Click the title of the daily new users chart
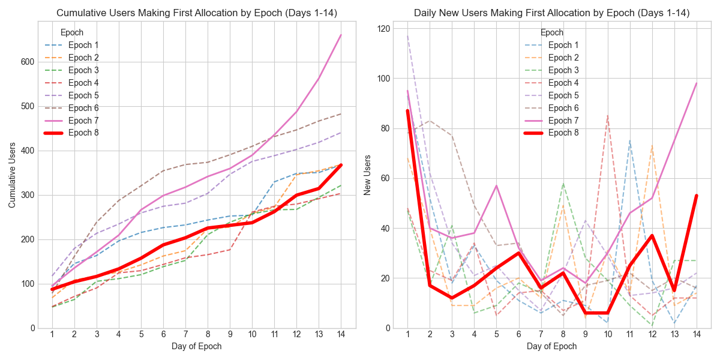pos(552,13)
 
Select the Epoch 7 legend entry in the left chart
pos(83,121)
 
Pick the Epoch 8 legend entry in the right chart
pos(563,133)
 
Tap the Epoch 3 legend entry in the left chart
pos(83,70)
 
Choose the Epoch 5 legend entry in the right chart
pos(563,95)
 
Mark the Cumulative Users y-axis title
pos(12,174)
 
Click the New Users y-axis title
pos(367,174)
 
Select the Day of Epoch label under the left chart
pos(197,346)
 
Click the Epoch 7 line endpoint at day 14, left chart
pos(341,35)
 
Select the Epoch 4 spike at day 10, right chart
pos(608,116)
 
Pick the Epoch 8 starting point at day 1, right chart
pos(407,111)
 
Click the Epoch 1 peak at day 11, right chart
pos(630,141)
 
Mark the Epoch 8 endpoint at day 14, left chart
pos(341,165)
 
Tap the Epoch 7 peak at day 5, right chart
pos(496,185)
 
